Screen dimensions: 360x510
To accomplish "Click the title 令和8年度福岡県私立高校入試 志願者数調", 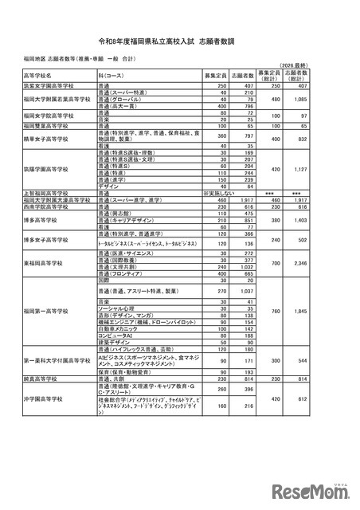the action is [x=179, y=37].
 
